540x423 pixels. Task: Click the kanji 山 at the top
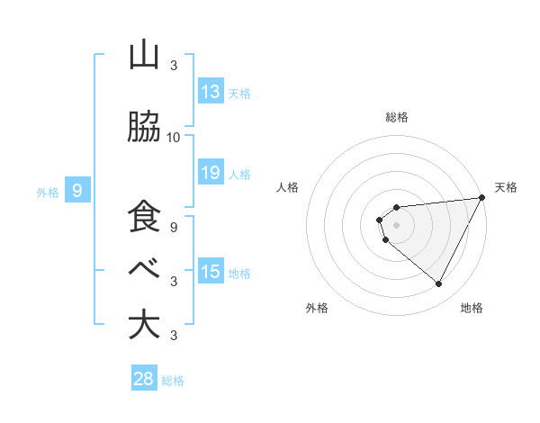click(x=144, y=56)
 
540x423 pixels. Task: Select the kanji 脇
click(x=144, y=128)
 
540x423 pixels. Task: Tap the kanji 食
click(x=144, y=218)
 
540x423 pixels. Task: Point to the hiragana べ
click(x=144, y=267)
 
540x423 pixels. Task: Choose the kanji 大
click(x=144, y=325)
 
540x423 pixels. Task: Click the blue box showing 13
click(x=211, y=91)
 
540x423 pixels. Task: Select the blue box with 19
click(x=211, y=173)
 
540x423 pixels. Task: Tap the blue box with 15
click(x=211, y=272)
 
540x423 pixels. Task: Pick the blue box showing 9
click(x=77, y=190)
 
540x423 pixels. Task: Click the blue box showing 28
click(x=144, y=379)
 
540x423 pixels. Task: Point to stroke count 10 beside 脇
click(x=173, y=138)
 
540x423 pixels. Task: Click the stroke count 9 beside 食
click(x=173, y=228)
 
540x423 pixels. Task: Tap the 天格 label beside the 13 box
click(x=238, y=93)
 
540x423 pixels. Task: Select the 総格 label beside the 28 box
click(x=173, y=381)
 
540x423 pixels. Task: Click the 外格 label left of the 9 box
click(x=48, y=192)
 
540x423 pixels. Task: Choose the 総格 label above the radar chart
click(x=397, y=117)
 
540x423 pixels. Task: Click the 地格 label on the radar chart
click(x=472, y=308)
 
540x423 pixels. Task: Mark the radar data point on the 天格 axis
click(x=481, y=198)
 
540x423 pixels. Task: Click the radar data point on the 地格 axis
click(x=439, y=284)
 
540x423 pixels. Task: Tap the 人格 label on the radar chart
click(x=287, y=187)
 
